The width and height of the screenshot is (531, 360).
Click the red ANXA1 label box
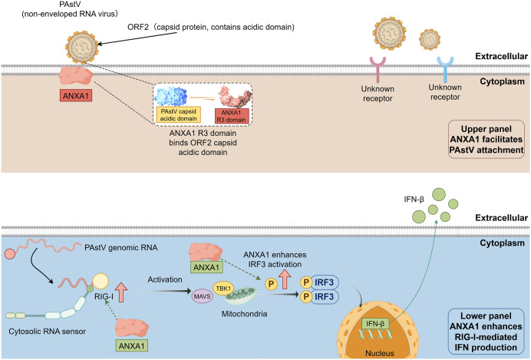click(x=76, y=95)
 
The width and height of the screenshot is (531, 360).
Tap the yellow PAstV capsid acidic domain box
click(x=179, y=115)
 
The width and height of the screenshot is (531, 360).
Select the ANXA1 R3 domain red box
click(x=232, y=116)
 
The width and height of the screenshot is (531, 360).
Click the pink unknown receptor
click(x=378, y=69)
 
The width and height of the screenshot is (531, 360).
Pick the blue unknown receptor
click(x=445, y=69)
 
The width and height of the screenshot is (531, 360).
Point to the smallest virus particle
click(x=430, y=39)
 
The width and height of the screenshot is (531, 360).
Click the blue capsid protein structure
click(x=170, y=95)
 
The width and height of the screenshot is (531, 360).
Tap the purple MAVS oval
click(x=202, y=296)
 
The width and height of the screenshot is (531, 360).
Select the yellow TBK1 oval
click(x=223, y=289)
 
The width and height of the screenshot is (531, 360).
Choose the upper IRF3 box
click(x=324, y=282)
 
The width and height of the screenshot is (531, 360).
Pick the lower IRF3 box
click(x=324, y=296)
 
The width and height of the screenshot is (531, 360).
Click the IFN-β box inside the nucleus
click(x=375, y=324)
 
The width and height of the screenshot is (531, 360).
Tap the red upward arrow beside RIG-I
click(x=121, y=292)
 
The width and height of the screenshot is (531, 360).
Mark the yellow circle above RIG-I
click(x=101, y=282)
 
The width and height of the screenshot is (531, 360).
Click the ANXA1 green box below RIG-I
click(x=131, y=345)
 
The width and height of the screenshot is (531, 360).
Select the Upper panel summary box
click(x=486, y=139)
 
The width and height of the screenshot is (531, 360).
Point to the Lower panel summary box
click(x=486, y=332)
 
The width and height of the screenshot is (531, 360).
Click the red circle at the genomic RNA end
click(x=10, y=254)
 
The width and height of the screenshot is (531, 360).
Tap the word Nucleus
click(x=380, y=353)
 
